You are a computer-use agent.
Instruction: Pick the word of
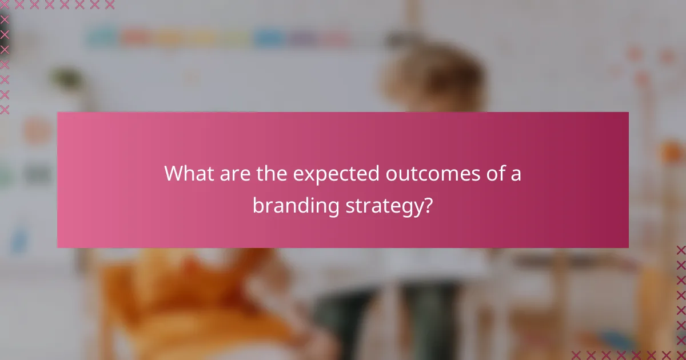coord(486,174)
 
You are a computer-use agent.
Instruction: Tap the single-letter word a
coord(515,175)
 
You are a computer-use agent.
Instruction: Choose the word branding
coord(296,206)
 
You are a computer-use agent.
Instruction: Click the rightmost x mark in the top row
coord(110,5)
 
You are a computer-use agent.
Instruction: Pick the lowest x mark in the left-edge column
coord(5,109)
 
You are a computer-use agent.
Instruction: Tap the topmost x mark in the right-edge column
coord(681,250)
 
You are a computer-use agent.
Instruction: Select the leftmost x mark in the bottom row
coord(576,355)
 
